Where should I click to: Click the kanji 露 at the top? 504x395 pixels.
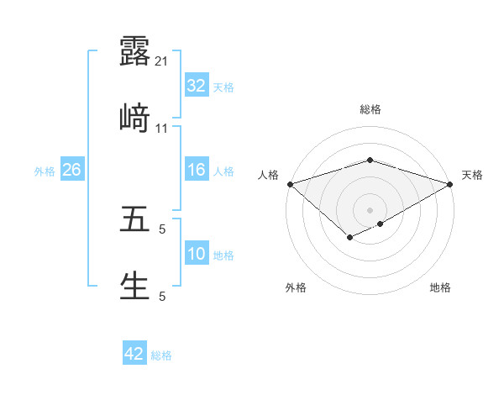click(x=134, y=51)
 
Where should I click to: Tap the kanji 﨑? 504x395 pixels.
click(x=134, y=119)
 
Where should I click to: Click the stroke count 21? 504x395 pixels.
click(x=162, y=61)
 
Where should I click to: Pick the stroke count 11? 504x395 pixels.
click(x=162, y=129)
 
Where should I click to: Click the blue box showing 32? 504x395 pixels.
click(x=196, y=86)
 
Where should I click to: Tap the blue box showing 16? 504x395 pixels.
click(x=196, y=171)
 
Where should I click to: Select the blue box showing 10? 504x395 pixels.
click(x=196, y=255)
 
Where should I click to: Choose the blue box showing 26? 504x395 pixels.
click(x=71, y=171)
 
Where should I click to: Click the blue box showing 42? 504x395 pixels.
click(x=134, y=355)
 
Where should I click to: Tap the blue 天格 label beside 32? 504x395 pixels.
click(x=223, y=87)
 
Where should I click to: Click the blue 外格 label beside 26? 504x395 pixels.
click(x=45, y=171)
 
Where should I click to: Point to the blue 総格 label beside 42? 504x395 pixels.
click(x=162, y=355)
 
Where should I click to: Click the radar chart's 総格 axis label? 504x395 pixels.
click(x=370, y=109)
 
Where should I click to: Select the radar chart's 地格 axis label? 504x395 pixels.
click(x=440, y=288)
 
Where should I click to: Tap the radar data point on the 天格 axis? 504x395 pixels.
click(x=451, y=184)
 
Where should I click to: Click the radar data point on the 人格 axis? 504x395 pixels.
click(x=289, y=184)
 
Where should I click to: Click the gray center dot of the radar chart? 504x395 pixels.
click(x=370, y=209)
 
